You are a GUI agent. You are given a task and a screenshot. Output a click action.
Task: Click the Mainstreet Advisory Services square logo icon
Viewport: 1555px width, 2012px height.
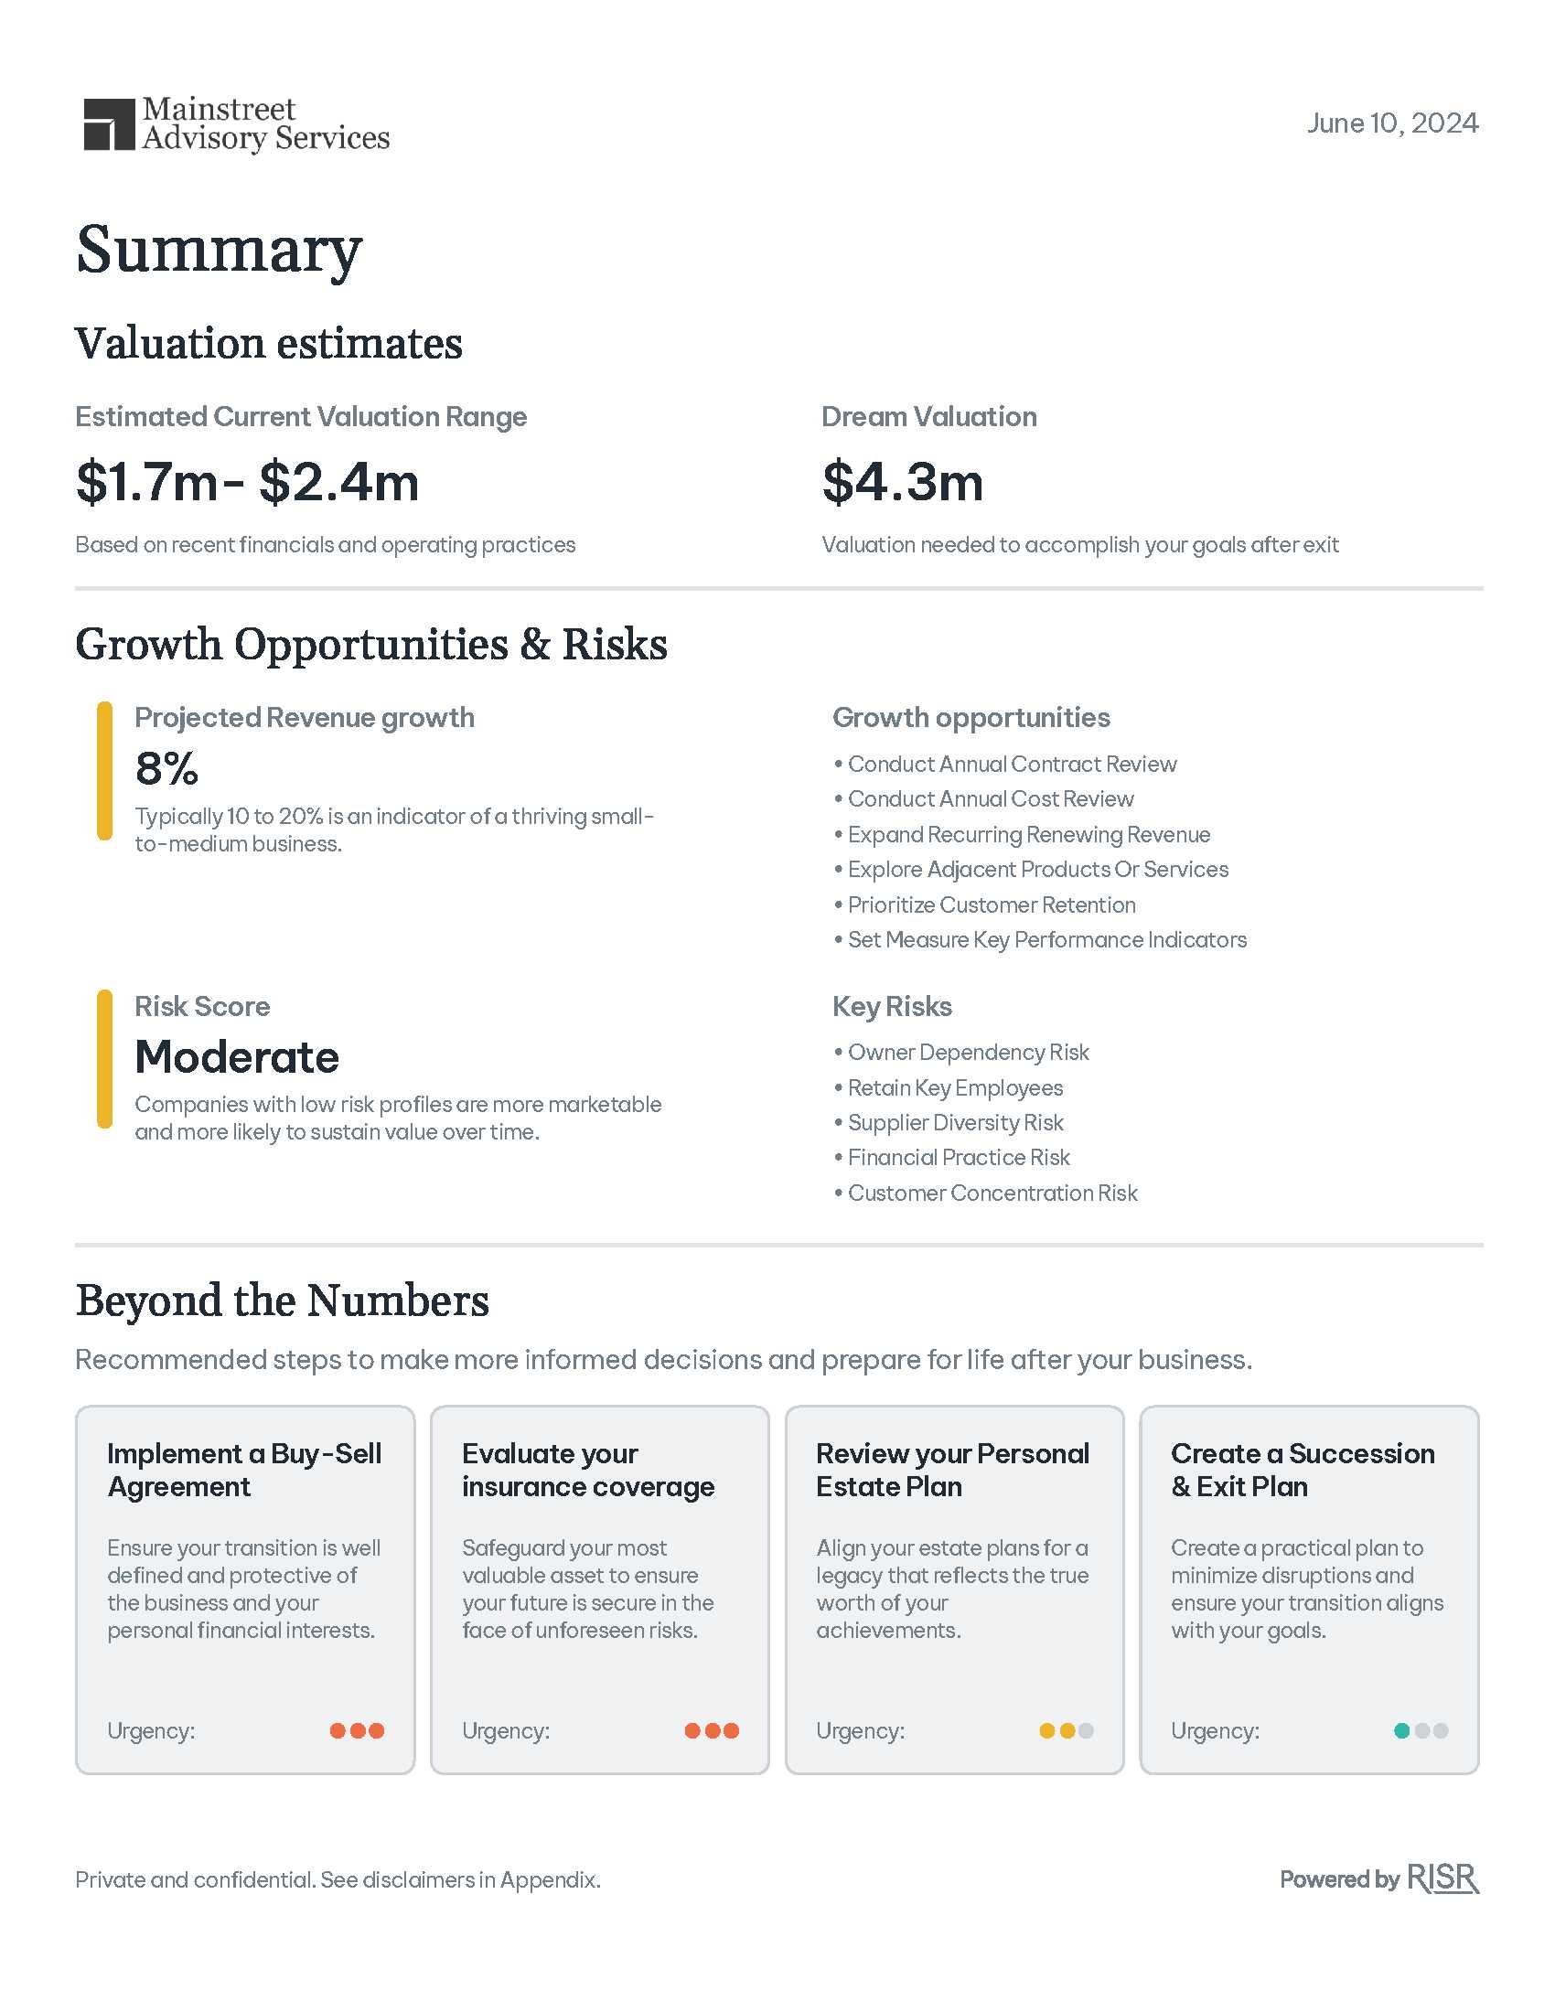coord(109,124)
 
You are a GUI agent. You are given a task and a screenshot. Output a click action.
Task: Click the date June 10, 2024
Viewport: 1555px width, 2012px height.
coord(1391,123)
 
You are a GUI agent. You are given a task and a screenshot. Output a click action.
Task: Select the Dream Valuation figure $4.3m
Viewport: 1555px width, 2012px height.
coord(902,482)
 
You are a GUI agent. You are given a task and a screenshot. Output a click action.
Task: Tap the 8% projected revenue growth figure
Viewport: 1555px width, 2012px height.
coord(166,768)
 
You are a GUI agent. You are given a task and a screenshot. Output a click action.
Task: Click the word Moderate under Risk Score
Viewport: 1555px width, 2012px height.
coord(237,1056)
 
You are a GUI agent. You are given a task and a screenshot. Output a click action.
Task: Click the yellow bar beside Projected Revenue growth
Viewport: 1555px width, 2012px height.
coord(104,770)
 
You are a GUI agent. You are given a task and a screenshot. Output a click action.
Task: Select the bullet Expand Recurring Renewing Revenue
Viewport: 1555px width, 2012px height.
coord(1028,835)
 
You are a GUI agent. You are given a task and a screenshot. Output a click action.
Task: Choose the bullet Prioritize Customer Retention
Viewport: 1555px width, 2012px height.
coord(992,904)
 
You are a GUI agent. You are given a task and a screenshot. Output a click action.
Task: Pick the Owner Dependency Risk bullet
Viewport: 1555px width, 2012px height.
coord(967,1052)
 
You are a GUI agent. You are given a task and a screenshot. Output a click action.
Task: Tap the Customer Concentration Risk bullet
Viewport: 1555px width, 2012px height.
coord(992,1193)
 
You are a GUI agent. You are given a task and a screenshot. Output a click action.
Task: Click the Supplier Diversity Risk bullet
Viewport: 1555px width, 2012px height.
coord(955,1122)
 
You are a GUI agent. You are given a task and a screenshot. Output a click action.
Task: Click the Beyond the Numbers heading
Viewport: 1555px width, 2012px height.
coord(282,1300)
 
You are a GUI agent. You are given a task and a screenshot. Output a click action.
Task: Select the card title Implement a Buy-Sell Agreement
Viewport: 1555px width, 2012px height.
coord(244,1470)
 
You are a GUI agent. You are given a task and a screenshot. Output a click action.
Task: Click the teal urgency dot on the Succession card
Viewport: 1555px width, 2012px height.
coord(1401,1730)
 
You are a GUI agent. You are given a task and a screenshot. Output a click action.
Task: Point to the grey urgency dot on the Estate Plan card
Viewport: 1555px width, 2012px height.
coord(1086,1730)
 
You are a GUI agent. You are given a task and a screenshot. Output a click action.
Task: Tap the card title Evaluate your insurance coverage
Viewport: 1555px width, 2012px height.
coord(588,1470)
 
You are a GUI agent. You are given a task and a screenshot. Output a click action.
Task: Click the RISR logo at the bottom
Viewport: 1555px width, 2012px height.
coord(1442,1878)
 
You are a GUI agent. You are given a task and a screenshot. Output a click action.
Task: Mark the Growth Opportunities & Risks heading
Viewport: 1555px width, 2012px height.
coord(370,644)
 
